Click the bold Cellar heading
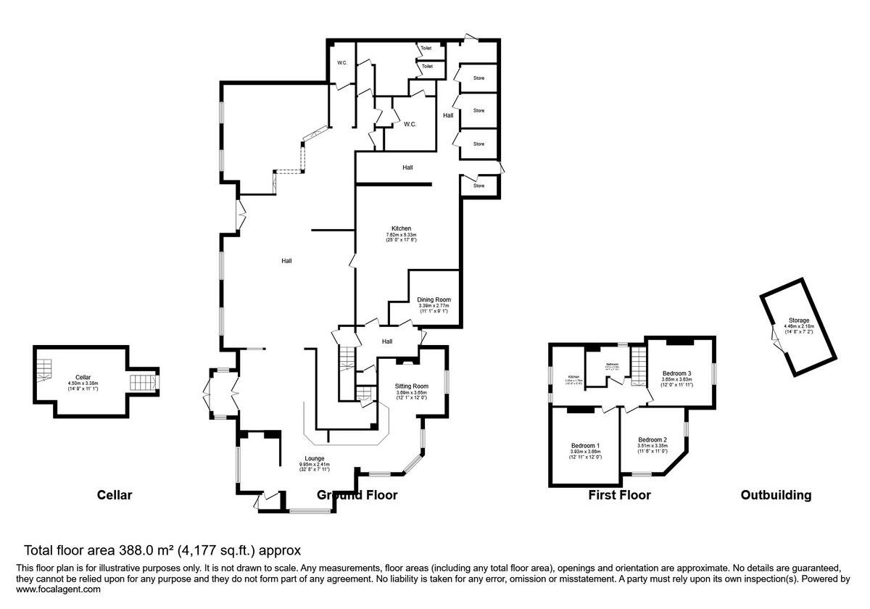(x=115, y=495)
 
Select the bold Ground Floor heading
(x=357, y=495)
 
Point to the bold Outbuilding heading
(x=776, y=495)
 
